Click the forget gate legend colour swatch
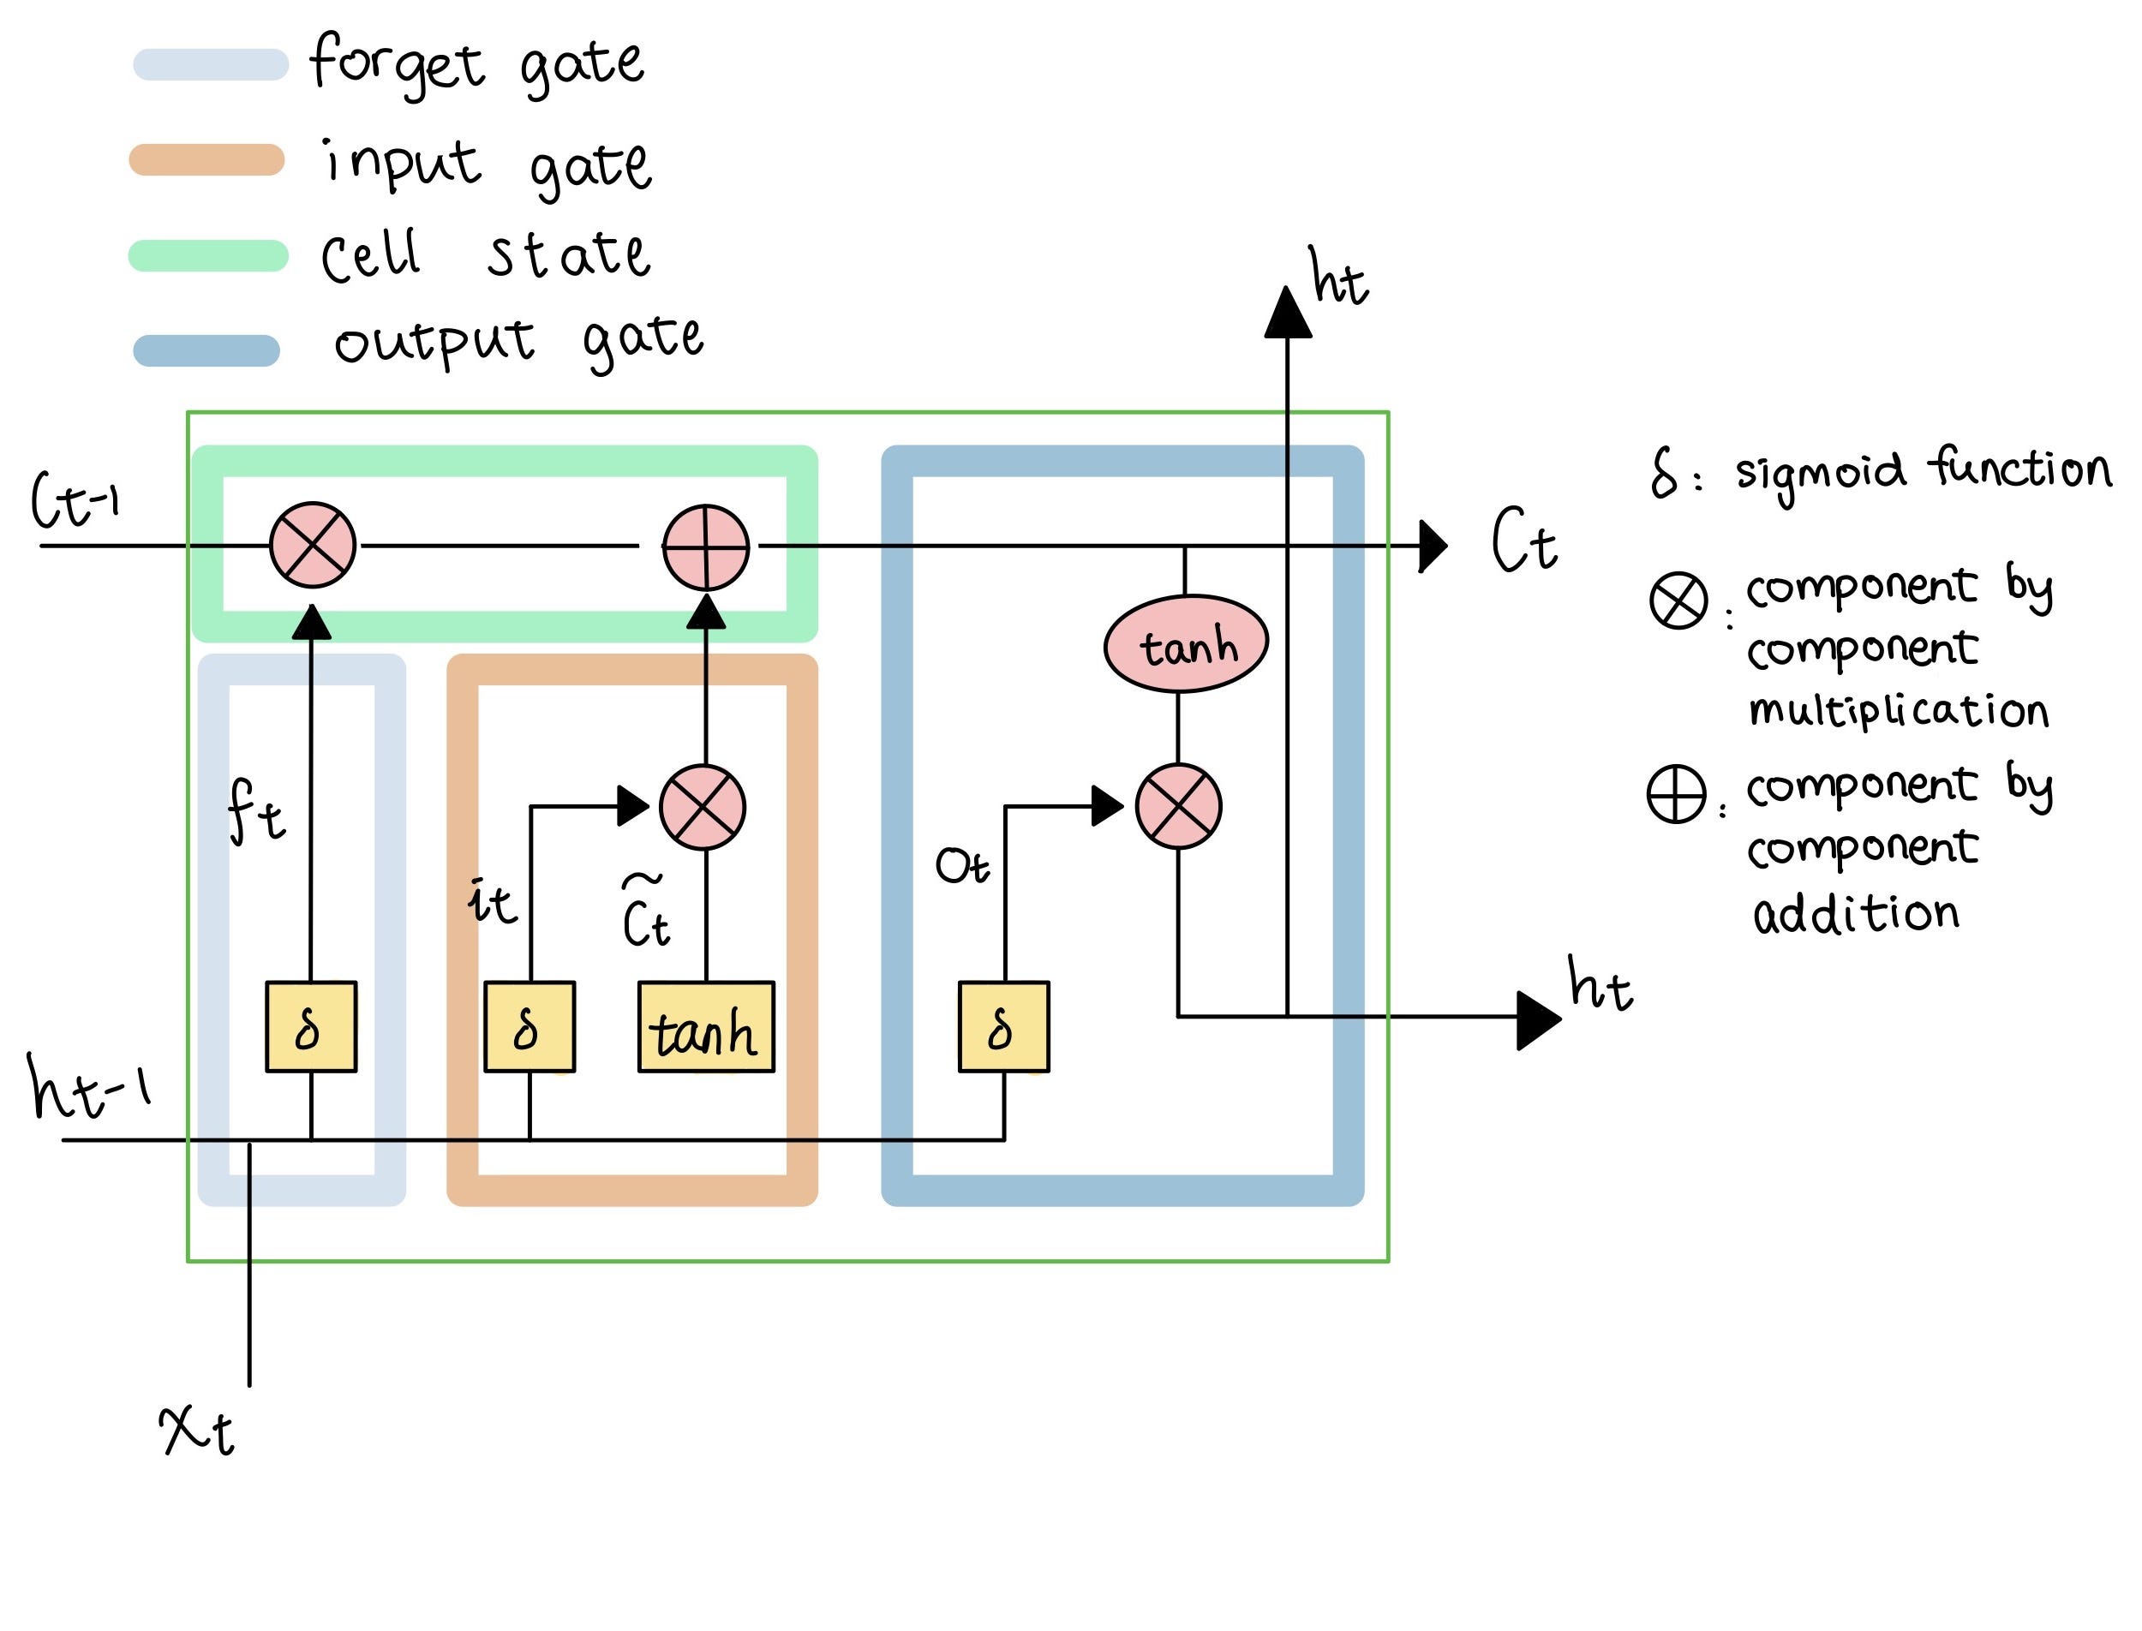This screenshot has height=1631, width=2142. pyautogui.click(x=211, y=65)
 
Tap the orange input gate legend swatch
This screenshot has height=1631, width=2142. pyautogui.click(x=206, y=160)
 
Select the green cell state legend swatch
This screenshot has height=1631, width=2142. pyautogui.click(x=208, y=255)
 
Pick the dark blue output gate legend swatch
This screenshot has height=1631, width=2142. pyautogui.click(x=206, y=350)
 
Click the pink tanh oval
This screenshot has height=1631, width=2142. pyautogui.click(x=1186, y=643)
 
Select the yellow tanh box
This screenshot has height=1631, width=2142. pyautogui.click(x=706, y=1027)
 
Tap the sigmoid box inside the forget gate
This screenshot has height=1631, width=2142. pyautogui.click(x=311, y=1027)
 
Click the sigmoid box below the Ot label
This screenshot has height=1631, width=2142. pyautogui.click(x=1003, y=1027)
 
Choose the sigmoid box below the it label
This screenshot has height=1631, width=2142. pyautogui.click(x=530, y=1027)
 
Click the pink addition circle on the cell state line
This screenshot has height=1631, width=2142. pyautogui.click(x=706, y=547)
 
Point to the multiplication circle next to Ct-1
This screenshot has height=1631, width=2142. pyautogui.click(x=313, y=545)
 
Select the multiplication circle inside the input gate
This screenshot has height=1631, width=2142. pyautogui.click(x=702, y=807)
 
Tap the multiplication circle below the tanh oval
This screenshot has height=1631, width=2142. pyautogui.click(x=1178, y=806)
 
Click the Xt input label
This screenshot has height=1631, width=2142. pyautogui.click(x=197, y=1429)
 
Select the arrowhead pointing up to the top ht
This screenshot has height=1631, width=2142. pyautogui.click(x=1288, y=313)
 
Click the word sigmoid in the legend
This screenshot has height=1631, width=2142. pyautogui.click(x=1820, y=473)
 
